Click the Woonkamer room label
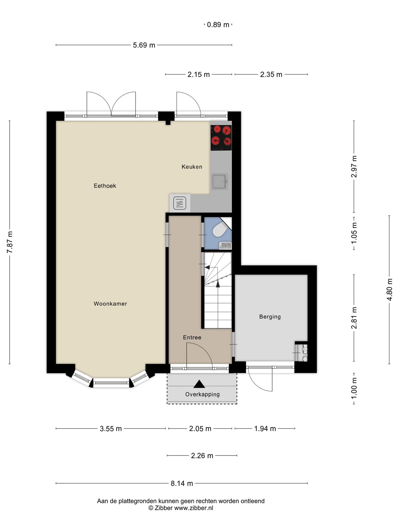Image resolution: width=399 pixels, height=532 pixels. [x=110, y=304]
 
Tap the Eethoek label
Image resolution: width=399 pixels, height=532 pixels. [x=105, y=186]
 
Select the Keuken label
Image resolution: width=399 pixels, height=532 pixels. [x=192, y=167]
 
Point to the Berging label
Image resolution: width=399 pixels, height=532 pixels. [x=270, y=317]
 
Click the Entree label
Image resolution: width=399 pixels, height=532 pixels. [x=192, y=337]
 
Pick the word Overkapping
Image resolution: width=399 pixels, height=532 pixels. [x=202, y=394]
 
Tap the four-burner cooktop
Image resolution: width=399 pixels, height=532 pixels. [x=221, y=138]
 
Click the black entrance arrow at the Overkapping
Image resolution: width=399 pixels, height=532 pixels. [x=199, y=384]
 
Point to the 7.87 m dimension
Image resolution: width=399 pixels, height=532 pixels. [x=10, y=242]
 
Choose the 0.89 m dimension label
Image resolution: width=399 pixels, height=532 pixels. [x=218, y=25]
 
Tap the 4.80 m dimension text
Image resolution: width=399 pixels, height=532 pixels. [x=389, y=290]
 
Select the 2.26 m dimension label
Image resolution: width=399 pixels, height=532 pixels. [x=202, y=456]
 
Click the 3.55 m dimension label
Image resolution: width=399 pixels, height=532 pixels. [x=111, y=429]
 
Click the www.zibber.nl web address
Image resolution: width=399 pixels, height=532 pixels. [x=194, y=508]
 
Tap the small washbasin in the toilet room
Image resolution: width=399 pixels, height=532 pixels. [x=225, y=246]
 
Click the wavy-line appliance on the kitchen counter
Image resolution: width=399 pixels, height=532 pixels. [x=180, y=203]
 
